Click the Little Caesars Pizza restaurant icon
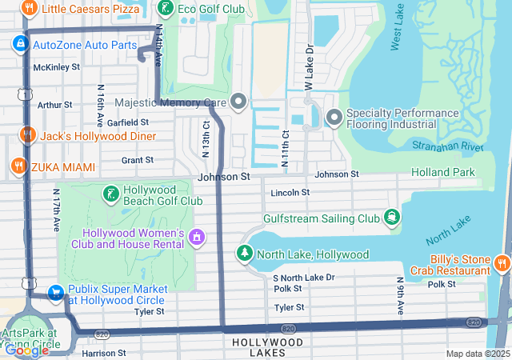coord(30,9)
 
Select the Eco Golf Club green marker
coord(166,9)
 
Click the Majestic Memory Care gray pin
coord(238,102)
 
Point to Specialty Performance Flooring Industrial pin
coord(334,118)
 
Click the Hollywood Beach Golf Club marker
coord(110,194)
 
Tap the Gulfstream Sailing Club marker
coord(391,218)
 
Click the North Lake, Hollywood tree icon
coord(243,254)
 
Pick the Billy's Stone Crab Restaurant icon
coord(502,263)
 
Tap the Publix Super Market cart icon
coord(56,294)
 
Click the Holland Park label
coord(442,172)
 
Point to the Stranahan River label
coord(448,146)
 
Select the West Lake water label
coord(398,31)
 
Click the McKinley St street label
coord(56,67)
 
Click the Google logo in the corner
coord(26,350)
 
